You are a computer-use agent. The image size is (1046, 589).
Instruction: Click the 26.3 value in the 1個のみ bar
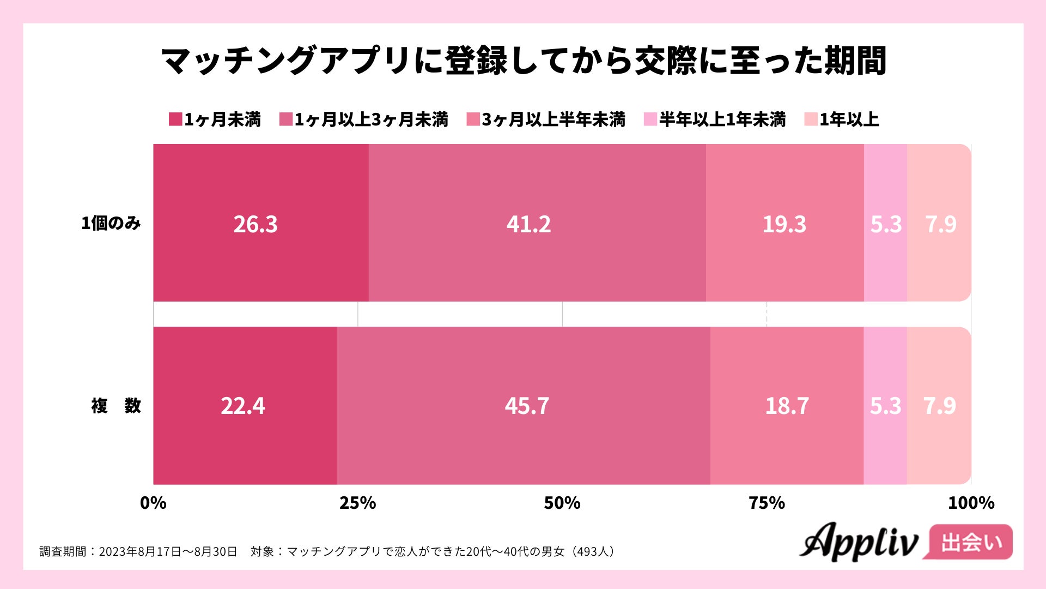256,224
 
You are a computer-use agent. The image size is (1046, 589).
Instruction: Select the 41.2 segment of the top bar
528,224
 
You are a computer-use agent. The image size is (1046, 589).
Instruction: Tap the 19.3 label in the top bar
784,224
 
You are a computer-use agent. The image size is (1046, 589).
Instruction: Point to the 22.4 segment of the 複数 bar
243,406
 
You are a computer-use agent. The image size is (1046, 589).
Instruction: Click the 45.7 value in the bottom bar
527,406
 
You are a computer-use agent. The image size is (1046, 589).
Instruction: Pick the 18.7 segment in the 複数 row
787,406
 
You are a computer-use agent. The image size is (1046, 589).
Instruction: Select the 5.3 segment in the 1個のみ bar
886,224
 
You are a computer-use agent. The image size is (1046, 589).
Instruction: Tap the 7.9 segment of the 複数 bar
939,406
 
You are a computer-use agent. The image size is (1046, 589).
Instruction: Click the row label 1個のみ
111,223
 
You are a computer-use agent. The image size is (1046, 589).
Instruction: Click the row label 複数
115,406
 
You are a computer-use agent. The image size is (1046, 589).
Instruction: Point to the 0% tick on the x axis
153,503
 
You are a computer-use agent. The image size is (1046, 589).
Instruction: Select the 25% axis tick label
357,503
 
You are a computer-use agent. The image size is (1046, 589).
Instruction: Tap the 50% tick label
562,503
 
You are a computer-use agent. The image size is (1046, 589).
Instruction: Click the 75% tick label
767,503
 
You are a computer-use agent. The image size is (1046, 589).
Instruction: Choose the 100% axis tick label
971,503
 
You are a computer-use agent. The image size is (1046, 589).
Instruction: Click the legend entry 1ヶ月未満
215,119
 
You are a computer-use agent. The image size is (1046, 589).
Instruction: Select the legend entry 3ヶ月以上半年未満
546,119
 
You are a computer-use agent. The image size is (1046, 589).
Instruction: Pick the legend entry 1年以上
842,119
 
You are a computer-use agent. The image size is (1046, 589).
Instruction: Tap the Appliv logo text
859,542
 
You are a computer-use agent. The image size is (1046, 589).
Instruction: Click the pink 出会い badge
971,542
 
